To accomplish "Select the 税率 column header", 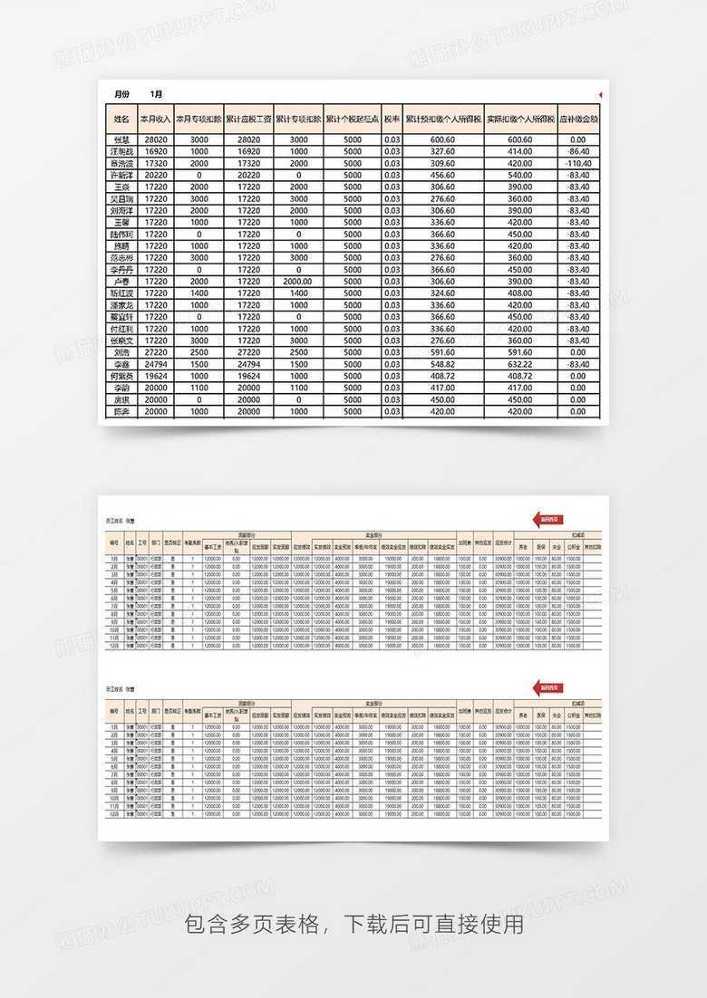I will click(x=392, y=119).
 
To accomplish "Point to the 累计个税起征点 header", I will click(x=352, y=119).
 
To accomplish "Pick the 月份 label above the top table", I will click(x=121, y=94).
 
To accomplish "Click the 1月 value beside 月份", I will click(x=157, y=94).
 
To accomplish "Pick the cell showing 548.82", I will click(x=442, y=364).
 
